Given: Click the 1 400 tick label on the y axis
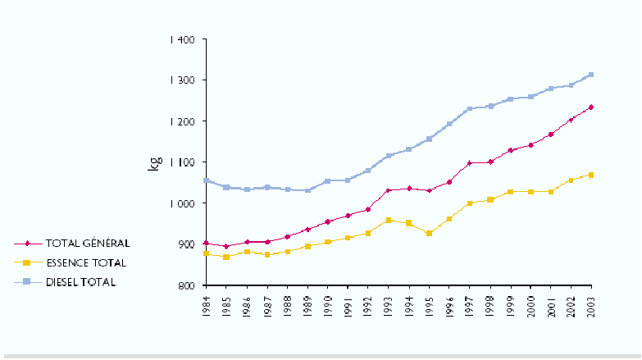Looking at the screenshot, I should [x=182, y=39].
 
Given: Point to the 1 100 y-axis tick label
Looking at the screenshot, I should [x=182, y=162].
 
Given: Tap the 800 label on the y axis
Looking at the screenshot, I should [x=186, y=285].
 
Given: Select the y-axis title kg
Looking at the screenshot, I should [x=153, y=162].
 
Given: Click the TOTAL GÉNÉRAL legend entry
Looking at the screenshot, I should [x=88, y=244].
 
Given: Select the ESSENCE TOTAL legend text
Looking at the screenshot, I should [x=86, y=263].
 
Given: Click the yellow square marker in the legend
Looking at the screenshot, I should [x=28, y=263].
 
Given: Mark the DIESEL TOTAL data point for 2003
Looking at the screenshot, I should [x=591, y=75].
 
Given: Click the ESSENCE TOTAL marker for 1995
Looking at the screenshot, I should [x=429, y=234].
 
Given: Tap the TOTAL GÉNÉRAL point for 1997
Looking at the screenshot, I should [x=470, y=163].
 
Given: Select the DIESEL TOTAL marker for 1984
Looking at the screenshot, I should [x=207, y=180].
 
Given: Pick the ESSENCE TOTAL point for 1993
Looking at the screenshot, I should [x=389, y=220].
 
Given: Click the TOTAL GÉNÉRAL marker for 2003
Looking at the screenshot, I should [x=591, y=107].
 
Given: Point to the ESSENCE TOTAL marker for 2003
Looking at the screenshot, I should [x=591, y=175].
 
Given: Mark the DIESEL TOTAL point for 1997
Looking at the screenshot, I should [x=470, y=109].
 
